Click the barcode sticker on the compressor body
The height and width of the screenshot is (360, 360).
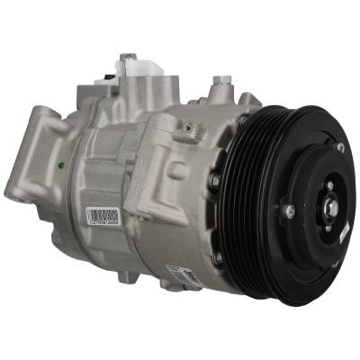coord(103,217)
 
